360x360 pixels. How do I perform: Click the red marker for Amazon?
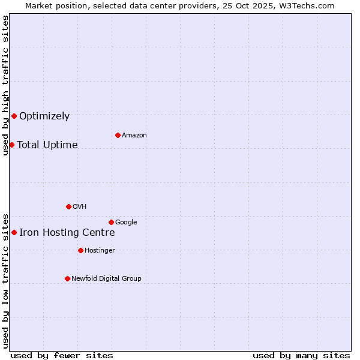tap(118, 135)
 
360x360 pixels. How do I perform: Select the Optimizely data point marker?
tap(14, 116)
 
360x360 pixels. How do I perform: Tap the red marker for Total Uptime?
tap(11, 145)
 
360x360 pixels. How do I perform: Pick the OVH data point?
tap(68, 206)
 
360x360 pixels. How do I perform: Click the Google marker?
tap(111, 222)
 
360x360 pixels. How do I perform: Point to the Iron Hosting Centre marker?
tap(14, 232)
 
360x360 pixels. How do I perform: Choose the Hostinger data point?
tap(80, 250)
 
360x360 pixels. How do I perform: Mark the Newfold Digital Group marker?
tap(67, 278)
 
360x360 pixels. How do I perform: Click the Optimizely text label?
tap(44, 116)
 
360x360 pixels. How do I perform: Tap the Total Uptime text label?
tap(47, 145)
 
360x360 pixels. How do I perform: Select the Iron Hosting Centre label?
tap(67, 233)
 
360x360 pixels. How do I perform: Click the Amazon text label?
tap(134, 136)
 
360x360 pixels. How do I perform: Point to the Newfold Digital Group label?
tap(106, 278)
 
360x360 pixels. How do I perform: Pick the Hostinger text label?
tap(100, 251)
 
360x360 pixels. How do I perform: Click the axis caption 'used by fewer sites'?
tap(62, 355)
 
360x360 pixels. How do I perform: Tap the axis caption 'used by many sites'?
tap(301, 355)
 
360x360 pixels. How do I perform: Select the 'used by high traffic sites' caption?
tap(5, 85)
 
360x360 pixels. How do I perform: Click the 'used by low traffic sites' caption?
tap(5, 281)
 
